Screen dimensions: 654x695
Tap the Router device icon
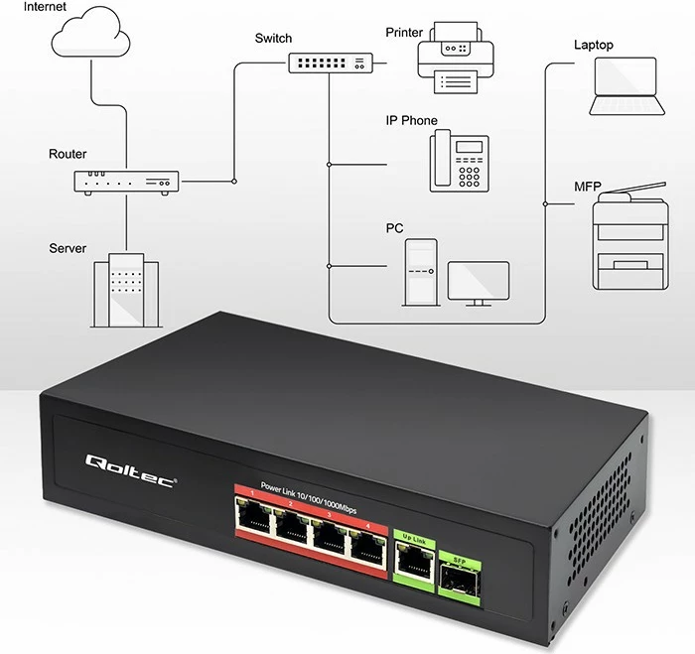pos(126,182)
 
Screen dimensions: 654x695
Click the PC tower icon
pos(419,272)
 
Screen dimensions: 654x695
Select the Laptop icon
pos(625,86)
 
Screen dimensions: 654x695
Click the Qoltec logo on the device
pos(130,463)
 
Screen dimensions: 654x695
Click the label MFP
pos(588,187)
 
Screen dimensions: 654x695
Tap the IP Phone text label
pos(411,121)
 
